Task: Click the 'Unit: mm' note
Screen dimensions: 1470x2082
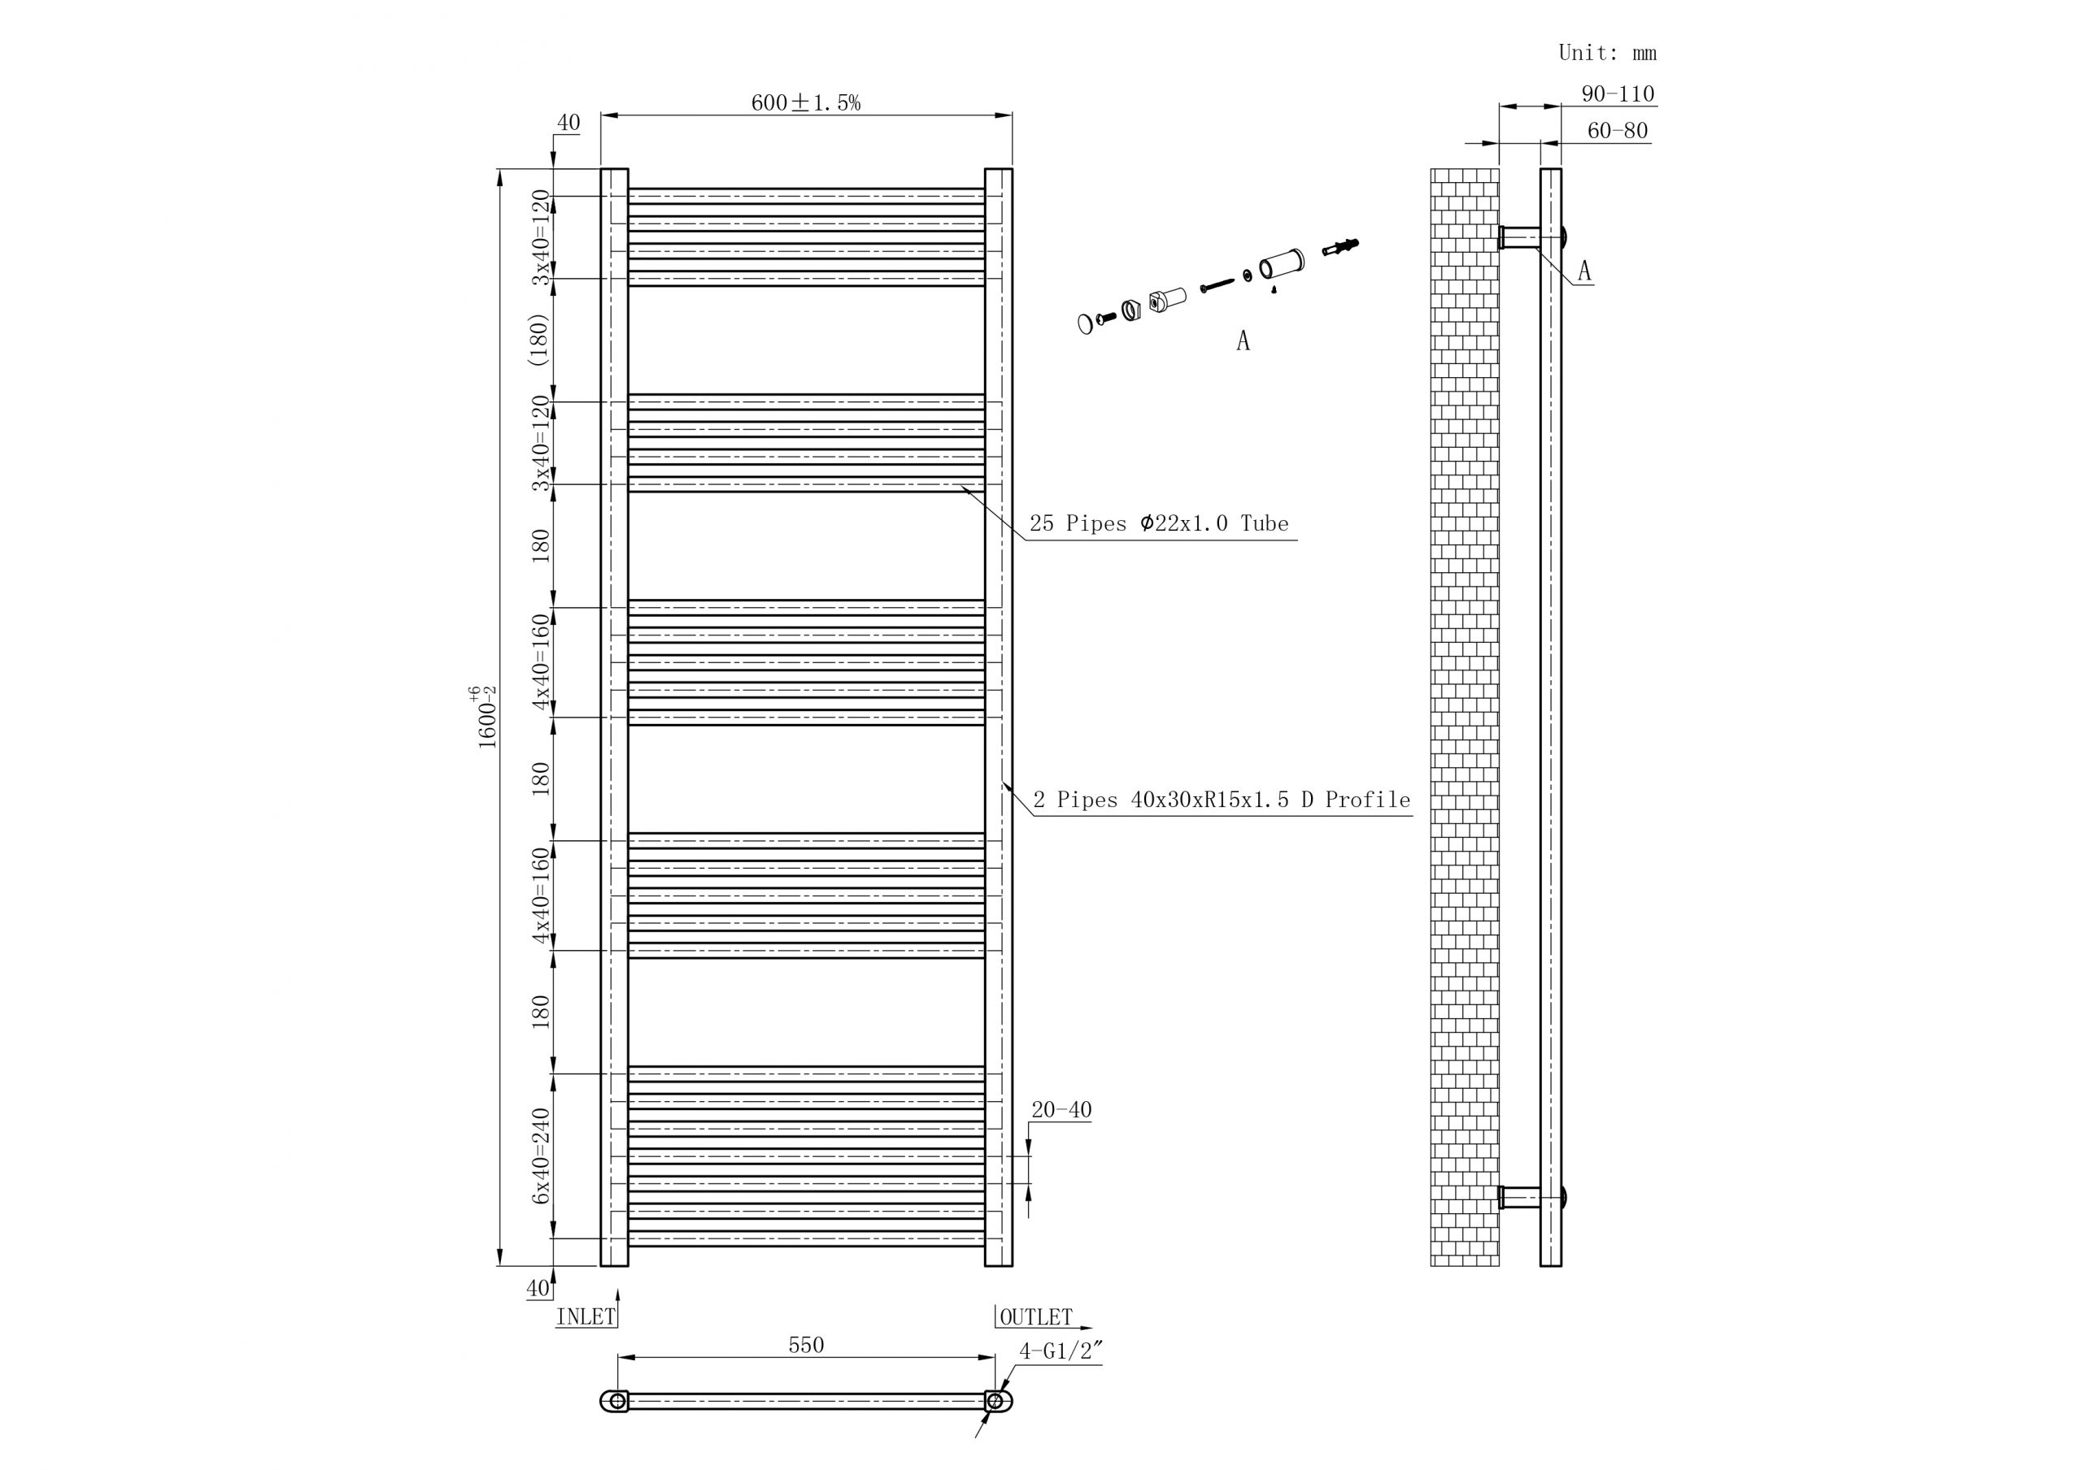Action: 1607,54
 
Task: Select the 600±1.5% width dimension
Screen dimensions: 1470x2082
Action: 805,102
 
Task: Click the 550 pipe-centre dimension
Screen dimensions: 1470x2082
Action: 805,1345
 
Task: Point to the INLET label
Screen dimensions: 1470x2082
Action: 586,1317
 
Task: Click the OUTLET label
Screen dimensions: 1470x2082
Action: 1035,1317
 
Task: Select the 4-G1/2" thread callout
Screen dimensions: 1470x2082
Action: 1060,1351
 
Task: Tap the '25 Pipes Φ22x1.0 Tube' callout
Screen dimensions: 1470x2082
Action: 1158,524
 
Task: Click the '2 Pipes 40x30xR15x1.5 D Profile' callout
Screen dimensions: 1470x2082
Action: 1222,800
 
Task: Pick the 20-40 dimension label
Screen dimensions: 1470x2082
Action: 1061,1110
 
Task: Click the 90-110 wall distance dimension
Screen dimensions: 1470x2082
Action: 1618,94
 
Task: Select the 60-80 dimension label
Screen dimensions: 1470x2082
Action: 1617,131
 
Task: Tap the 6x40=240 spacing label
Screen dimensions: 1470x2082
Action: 542,1156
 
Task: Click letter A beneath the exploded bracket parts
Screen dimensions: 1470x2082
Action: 1243,340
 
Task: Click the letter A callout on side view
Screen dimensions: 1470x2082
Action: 1584,271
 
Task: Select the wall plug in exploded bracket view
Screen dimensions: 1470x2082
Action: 1340,246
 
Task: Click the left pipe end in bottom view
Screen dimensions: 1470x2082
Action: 616,1401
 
